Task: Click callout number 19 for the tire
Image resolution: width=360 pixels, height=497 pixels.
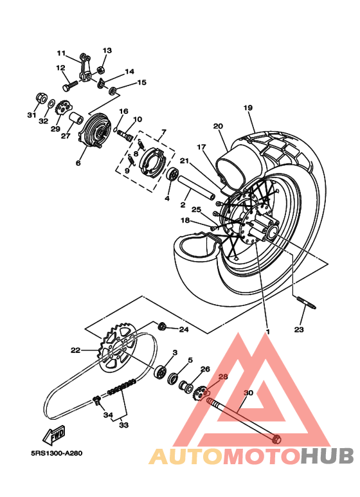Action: (x=248, y=108)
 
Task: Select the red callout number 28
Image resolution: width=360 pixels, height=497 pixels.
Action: (x=223, y=379)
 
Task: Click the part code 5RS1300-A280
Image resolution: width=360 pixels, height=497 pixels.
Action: (x=56, y=452)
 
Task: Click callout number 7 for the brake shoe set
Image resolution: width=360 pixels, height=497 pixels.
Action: (x=163, y=131)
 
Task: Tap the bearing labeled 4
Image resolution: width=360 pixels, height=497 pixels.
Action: (x=172, y=175)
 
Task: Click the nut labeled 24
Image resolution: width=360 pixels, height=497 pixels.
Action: (x=163, y=327)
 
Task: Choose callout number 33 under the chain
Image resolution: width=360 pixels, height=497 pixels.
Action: (x=122, y=425)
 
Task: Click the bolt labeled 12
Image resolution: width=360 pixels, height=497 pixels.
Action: (x=69, y=83)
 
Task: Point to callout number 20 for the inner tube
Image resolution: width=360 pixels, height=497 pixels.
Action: (x=218, y=126)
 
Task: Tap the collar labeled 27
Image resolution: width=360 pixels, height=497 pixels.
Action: (x=76, y=120)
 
